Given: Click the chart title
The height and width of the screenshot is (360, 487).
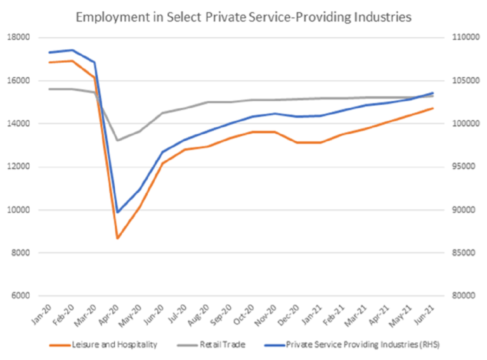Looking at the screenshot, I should click(x=243, y=16).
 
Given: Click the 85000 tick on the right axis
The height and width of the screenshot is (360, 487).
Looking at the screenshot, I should click(x=462, y=253).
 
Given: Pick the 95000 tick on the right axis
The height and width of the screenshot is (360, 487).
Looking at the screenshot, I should click(x=462, y=167).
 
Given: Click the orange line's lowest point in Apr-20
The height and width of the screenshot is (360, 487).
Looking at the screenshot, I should click(x=117, y=238).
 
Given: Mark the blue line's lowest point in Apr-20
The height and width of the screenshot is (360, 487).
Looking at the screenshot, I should click(x=117, y=212).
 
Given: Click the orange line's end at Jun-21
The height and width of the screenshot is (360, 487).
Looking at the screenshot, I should click(x=432, y=108).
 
